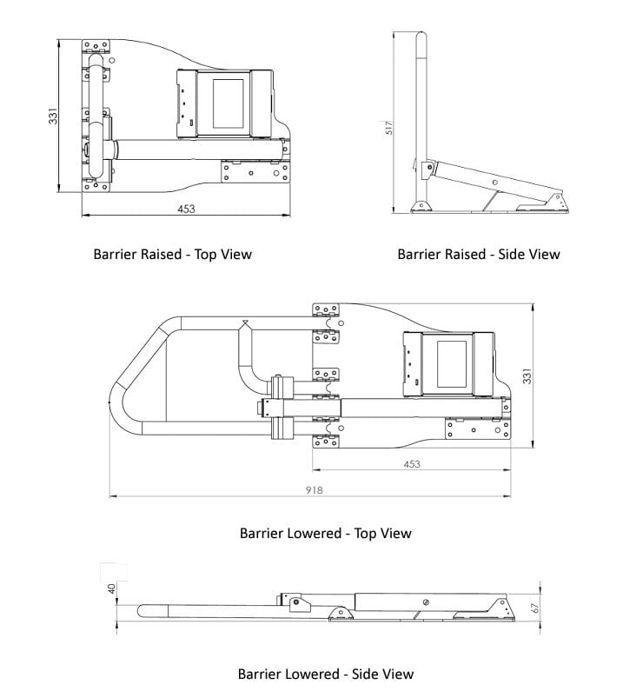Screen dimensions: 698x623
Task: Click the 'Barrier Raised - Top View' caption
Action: [x=172, y=255]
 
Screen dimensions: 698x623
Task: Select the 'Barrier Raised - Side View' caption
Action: [x=479, y=255]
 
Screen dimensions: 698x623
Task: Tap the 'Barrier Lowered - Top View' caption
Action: [x=325, y=533]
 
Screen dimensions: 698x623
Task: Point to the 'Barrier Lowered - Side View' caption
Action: [x=326, y=674]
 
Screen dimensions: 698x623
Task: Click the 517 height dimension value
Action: [x=390, y=128]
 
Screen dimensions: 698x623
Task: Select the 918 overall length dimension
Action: [x=314, y=490]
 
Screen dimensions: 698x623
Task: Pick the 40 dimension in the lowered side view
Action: [x=111, y=588]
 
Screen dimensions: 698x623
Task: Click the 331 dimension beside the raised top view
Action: [x=53, y=116]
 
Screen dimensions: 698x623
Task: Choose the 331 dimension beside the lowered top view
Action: [x=527, y=376]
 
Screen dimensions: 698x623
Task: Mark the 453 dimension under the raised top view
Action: [x=186, y=209]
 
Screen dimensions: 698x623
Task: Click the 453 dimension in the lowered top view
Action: [x=412, y=464]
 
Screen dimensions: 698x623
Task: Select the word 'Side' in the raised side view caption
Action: [x=508, y=255]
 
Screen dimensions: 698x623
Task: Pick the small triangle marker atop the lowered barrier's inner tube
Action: [x=246, y=325]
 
